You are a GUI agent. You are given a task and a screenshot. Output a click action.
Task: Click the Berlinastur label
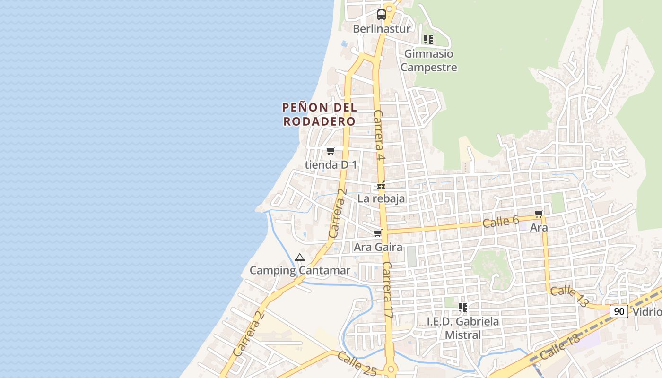(x=382, y=29)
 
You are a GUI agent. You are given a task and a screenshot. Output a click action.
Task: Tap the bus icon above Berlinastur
(x=382, y=14)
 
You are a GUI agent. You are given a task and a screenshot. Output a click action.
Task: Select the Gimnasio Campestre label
(x=429, y=60)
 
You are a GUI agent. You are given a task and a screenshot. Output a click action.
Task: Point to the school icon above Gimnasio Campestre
(x=428, y=40)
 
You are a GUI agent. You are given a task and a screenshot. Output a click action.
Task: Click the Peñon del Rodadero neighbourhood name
(x=319, y=114)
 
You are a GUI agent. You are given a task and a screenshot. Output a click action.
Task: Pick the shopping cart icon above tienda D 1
(x=331, y=151)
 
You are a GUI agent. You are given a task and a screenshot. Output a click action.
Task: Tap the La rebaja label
(x=381, y=198)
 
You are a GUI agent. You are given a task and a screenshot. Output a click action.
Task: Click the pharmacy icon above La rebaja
(x=381, y=186)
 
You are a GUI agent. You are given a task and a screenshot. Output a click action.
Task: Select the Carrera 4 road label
(x=379, y=136)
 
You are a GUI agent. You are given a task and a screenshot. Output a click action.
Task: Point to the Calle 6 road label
(x=501, y=221)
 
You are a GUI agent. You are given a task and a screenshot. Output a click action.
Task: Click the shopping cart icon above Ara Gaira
(x=378, y=233)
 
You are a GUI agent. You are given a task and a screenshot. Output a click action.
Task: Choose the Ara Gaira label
(x=378, y=247)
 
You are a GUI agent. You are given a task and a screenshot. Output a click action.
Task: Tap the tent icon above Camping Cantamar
(x=299, y=258)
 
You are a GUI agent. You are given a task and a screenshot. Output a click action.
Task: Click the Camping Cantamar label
(x=300, y=271)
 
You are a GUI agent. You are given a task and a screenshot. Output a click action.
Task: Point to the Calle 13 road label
(x=569, y=296)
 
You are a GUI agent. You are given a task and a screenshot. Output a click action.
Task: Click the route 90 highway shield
(x=618, y=311)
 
